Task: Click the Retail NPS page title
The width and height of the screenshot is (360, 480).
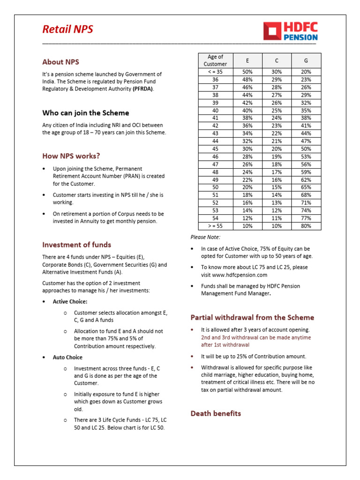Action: pos(67,30)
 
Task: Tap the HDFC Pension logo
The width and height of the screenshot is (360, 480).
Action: pos(291,31)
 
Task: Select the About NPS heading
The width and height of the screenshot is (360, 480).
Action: pos(60,62)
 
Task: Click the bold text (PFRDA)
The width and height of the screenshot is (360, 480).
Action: pos(142,89)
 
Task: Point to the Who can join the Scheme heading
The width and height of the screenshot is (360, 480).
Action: pos(85,113)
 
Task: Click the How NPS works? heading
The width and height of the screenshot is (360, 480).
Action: pos(71,156)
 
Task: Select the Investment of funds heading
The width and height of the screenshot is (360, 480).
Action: pos(76,245)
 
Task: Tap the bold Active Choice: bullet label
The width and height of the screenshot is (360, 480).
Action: pos(70,302)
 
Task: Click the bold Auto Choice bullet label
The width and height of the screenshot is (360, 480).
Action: pos(67,357)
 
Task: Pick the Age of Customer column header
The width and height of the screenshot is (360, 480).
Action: pos(215,60)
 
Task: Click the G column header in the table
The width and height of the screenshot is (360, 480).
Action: pos(306,60)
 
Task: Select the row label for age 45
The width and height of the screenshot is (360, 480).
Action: pos(215,149)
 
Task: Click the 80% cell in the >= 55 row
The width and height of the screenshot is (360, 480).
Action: pos(306,226)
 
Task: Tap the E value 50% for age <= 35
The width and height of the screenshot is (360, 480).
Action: pos(247,72)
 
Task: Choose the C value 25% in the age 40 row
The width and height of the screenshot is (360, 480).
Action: pos(277,110)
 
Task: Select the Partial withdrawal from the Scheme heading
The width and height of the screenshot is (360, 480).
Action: pos(252,317)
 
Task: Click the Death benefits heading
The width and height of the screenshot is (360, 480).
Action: pos(216,413)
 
